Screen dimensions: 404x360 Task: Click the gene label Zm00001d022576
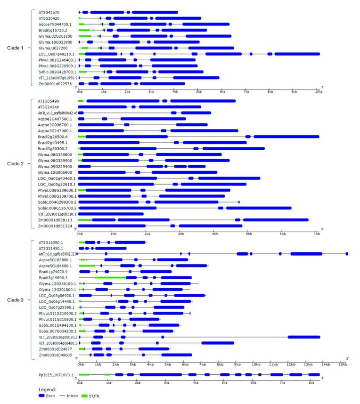pos(53,84)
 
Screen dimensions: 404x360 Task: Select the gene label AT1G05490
pos(49,101)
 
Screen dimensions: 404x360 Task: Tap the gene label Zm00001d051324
pos(53,226)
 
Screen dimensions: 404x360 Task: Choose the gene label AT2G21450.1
pos(51,248)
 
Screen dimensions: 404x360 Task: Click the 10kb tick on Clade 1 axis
pos(319,92)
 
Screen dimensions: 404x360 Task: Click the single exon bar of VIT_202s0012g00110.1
pos(111,214)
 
